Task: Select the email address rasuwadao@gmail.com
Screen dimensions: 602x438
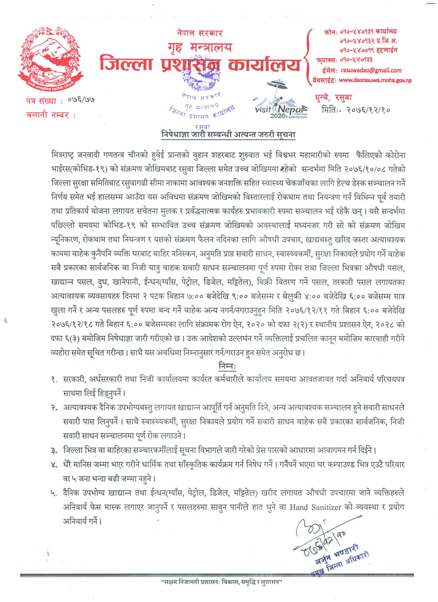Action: point(371,70)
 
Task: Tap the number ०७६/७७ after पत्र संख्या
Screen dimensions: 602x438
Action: point(81,101)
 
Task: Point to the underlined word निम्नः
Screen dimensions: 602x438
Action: point(227,367)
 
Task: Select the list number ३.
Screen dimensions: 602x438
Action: point(55,450)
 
